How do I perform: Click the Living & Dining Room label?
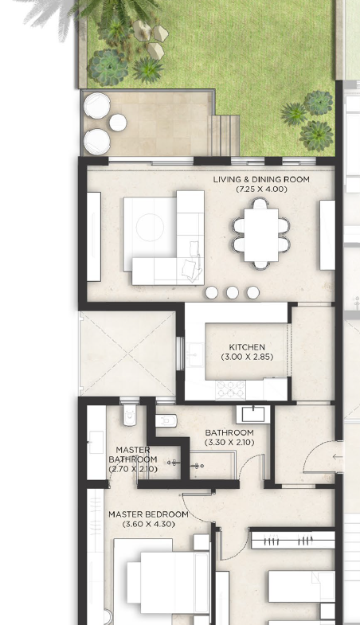(261, 179)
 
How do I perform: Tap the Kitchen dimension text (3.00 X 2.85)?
(247, 357)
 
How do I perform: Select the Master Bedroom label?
(148, 514)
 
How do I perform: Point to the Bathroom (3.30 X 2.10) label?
(229, 437)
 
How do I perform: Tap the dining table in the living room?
(261, 235)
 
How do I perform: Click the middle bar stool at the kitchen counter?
(233, 292)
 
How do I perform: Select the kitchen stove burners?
(230, 389)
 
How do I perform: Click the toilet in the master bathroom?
(130, 415)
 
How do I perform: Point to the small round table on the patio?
(118, 123)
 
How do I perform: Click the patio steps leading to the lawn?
(224, 135)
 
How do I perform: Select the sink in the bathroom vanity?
(253, 415)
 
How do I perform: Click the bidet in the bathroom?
(166, 420)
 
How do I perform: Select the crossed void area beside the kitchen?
(128, 354)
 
